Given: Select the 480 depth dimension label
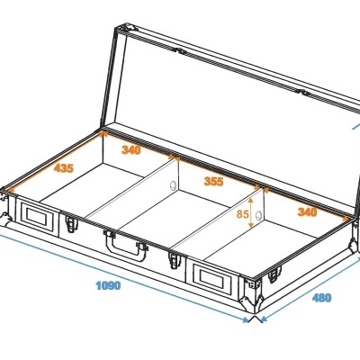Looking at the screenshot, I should (x=321, y=298).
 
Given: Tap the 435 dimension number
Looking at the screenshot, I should (x=64, y=168).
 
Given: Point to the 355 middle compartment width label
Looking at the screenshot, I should (x=213, y=180).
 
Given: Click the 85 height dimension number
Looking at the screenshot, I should (x=242, y=214).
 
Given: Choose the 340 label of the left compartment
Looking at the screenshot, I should (x=130, y=150).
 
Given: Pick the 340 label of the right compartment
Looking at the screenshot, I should (x=307, y=212).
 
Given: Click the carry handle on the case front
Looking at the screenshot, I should (x=125, y=242).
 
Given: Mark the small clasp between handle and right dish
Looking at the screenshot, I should (x=174, y=260).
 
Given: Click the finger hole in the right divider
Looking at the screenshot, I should (x=259, y=216).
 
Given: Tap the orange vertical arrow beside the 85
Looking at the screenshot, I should (x=253, y=214).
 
